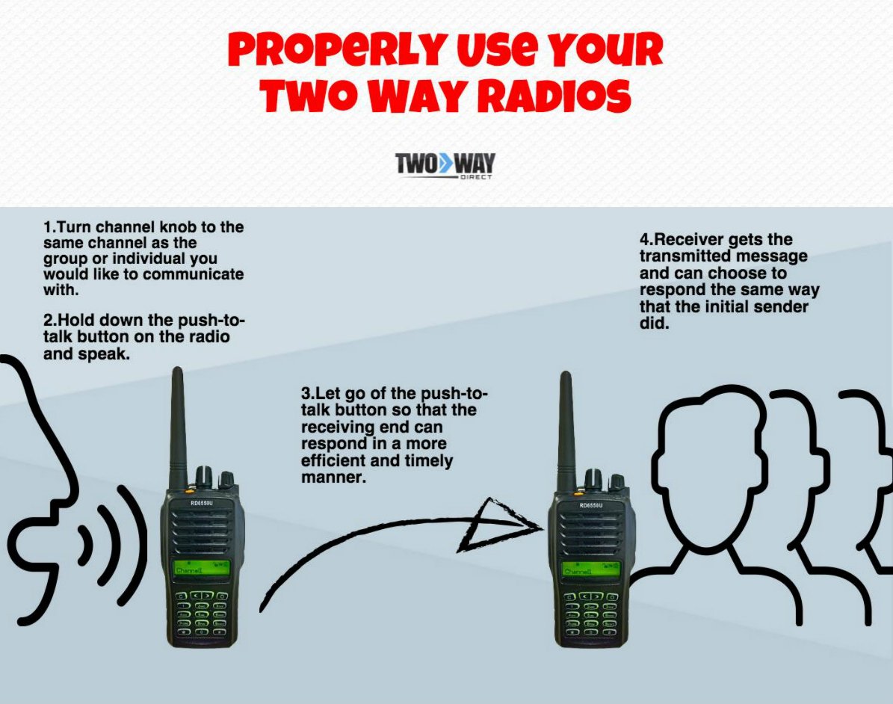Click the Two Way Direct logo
point(445,165)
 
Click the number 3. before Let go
point(307,394)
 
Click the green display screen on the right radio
point(590,569)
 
